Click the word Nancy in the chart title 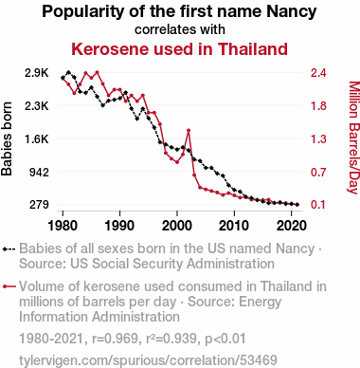pos(291,12)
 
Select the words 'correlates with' pos(180,29)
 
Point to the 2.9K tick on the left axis pos(37,73)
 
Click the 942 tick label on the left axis pos(39,173)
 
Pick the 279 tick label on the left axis pos(39,205)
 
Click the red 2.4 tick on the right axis pos(318,73)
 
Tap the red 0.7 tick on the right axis pos(318,173)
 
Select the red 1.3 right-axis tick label pos(318,138)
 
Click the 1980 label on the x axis pos(63,226)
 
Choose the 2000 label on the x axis pos(177,226)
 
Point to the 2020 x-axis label pos(291,226)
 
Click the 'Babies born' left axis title pos(7,138)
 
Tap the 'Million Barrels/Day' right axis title pos(354,138)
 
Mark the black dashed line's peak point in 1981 pos(68,72)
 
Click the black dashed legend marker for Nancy pos(9,249)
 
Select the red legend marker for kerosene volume pos(9,286)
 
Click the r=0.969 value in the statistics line pos(115,339)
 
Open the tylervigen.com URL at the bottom pos(148,360)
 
